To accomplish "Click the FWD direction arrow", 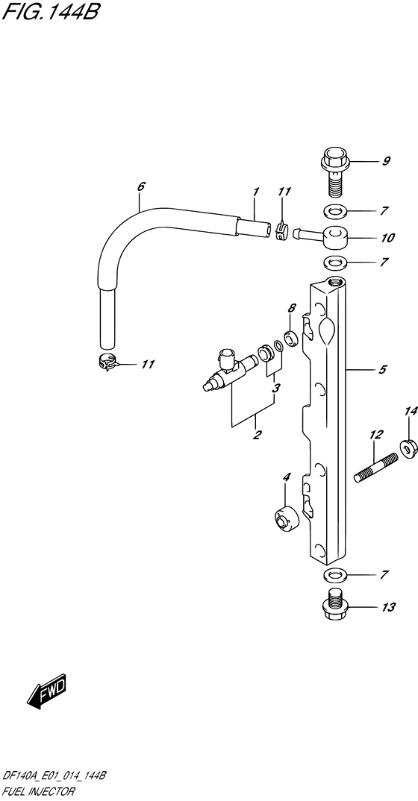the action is point(47,691).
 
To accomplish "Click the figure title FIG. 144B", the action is point(50,10).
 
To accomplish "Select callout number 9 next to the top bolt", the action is point(387,161).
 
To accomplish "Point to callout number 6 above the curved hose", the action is point(141,186).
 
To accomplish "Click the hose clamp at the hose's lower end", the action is point(107,363).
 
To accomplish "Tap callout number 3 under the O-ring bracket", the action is point(276,388).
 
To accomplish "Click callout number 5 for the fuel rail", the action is point(383,369).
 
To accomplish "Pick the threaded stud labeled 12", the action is point(376,468).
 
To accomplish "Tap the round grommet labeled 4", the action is point(285,520).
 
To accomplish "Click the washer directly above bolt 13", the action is point(334,575).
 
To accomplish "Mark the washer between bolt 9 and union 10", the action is point(334,210).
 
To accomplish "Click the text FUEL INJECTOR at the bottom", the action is point(39,792).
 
